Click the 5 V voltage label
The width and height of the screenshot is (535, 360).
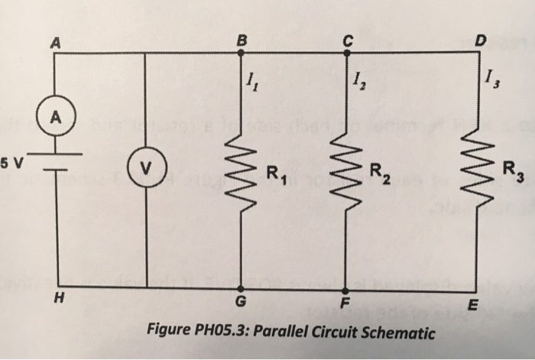pos(12,161)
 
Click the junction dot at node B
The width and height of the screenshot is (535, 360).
pos(241,54)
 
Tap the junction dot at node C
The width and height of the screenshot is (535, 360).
pos(345,54)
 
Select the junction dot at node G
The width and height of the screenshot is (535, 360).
pos(240,289)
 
